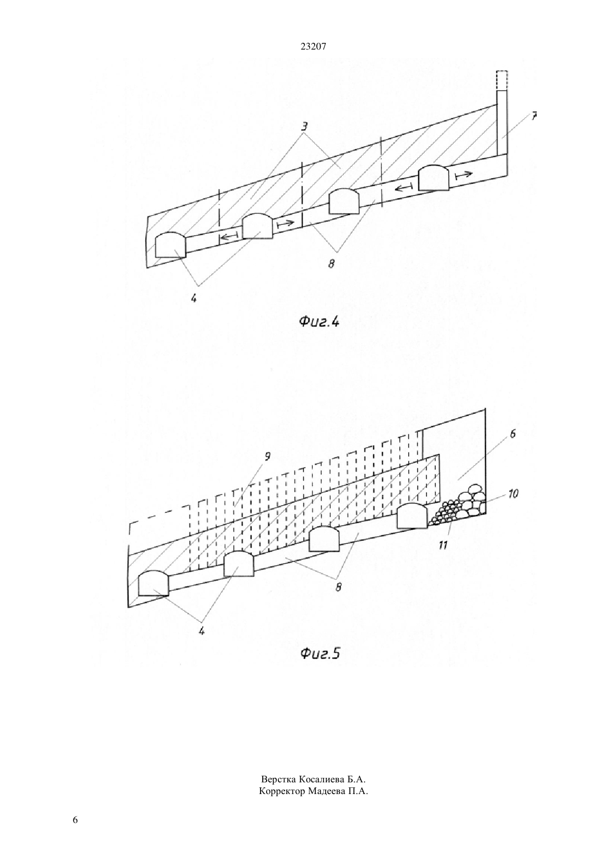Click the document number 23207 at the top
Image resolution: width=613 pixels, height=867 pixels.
(x=313, y=46)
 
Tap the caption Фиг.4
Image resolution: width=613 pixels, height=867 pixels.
(x=319, y=321)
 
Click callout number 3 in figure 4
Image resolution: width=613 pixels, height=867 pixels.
(x=305, y=126)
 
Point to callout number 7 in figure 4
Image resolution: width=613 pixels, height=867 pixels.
(x=534, y=116)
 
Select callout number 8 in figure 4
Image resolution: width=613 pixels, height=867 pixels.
(x=332, y=264)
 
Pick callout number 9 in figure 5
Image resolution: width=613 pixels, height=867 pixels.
(x=267, y=457)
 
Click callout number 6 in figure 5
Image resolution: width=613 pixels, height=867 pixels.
(x=513, y=434)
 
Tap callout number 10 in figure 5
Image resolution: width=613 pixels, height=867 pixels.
(x=513, y=494)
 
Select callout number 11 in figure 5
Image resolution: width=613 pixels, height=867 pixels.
(x=443, y=545)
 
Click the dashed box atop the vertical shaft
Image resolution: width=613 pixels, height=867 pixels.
(x=502, y=81)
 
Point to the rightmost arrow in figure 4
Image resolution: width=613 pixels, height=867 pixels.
(x=464, y=175)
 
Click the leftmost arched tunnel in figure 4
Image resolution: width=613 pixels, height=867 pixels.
(x=171, y=245)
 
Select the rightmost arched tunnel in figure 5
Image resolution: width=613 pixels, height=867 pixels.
(x=412, y=515)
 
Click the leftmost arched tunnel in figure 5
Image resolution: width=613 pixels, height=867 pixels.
(x=154, y=583)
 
